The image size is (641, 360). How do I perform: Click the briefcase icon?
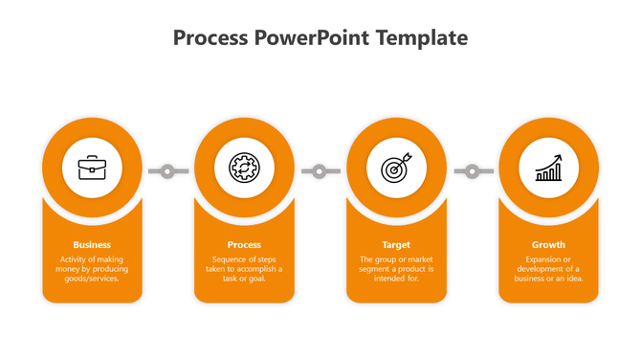click(x=92, y=169)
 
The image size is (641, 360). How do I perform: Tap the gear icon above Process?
click(x=244, y=169)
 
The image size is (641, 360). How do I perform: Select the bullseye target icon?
click(x=396, y=169)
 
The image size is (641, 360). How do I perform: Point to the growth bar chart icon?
click(x=548, y=169)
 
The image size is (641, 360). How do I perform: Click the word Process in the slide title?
click(x=211, y=38)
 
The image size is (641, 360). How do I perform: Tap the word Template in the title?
click(x=423, y=38)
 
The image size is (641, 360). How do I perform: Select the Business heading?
click(x=92, y=244)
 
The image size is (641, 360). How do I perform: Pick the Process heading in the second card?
click(x=244, y=244)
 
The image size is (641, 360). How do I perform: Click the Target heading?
click(x=396, y=244)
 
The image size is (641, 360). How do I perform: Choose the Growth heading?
click(x=548, y=244)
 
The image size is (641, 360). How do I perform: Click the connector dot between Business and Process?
click(x=167, y=171)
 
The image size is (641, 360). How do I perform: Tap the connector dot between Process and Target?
click(x=320, y=171)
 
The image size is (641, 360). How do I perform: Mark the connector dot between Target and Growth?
click(x=472, y=171)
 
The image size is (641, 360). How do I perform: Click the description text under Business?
click(x=92, y=269)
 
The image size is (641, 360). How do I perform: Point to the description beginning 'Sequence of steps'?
click(x=244, y=269)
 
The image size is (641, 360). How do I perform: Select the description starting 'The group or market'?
click(x=396, y=269)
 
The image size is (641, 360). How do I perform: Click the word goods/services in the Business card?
click(x=92, y=279)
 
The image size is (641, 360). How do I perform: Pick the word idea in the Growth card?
click(x=574, y=279)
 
